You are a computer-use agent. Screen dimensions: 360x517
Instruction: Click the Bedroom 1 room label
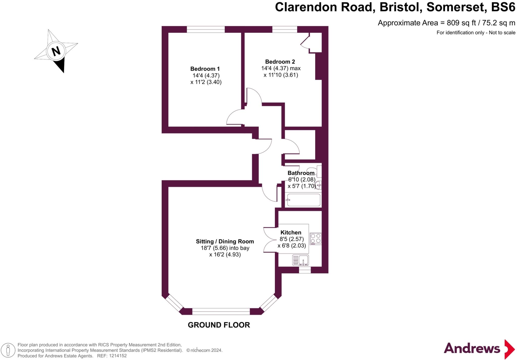[205, 69]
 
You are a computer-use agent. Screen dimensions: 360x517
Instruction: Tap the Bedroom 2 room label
[280, 62]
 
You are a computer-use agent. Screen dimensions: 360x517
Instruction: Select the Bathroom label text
[301, 173]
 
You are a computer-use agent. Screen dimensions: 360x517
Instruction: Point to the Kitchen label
[291, 232]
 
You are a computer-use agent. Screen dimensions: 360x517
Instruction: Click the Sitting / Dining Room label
[225, 241]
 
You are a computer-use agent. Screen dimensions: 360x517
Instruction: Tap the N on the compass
[56, 51]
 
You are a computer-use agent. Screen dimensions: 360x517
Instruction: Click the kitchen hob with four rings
[316, 239]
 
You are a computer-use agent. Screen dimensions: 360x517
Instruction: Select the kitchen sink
[300, 260]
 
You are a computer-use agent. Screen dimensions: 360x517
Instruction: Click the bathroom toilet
[316, 171]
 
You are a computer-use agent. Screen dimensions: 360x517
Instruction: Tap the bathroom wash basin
[319, 185]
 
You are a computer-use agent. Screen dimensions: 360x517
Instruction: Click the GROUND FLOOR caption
[219, 325]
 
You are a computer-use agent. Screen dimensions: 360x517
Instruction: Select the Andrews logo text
[472, 349]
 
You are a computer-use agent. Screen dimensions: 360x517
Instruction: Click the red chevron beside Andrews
[509, 349]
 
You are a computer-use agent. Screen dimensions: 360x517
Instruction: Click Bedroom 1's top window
[205, 30]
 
